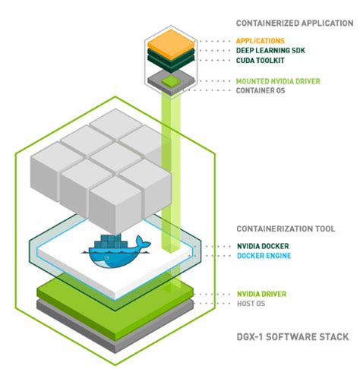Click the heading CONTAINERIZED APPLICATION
click(x=289, y=24)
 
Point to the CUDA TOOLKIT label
click(x=264, y=61)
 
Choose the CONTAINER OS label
click(x=264, y=90)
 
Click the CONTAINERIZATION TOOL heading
click(x=286, y=228)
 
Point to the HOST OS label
click(x=253, y=303)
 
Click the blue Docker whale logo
click(x=117, y=254)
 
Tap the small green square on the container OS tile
click(x=172, y=79)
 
